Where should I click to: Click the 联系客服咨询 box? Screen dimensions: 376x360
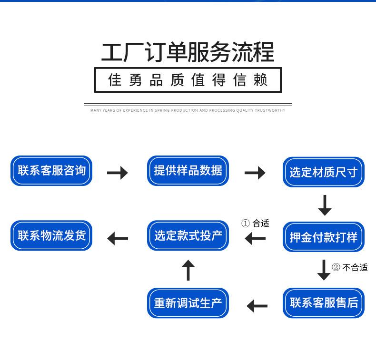(x=51, y=171)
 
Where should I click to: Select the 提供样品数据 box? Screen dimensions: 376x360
(x=188, y=171)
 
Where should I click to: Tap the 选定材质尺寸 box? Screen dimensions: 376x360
(x=324, y=172)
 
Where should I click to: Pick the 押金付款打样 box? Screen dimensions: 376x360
(x=324, y=237)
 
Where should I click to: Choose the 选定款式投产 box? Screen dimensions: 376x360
(x=188, y=236)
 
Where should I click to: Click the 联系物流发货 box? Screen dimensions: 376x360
(x=51, y=236)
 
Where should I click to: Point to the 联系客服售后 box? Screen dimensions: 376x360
(x=324, y=303)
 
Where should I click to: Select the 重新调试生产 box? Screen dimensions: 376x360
(x=188, y=303)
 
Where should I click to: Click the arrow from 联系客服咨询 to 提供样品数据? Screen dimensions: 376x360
(x=118, y=173)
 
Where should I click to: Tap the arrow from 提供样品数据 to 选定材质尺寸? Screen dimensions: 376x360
(x=255, y=173)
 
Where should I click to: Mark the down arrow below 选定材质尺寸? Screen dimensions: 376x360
(x=325, y=205)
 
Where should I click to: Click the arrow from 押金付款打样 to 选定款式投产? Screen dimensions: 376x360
(x=255, y=239)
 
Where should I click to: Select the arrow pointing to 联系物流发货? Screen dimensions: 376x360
(x=118, y=239)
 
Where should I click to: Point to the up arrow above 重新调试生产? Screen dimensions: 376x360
(x=188, y=270)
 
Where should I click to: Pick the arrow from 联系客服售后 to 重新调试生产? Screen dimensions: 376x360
(x=257, y=306)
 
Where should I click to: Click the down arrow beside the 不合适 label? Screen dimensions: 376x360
(x=324, y=270)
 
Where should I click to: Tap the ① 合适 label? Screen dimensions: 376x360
(x=255, y=223)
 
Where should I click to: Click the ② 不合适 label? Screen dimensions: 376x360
(x=350, y=267)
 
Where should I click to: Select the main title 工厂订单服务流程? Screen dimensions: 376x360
(x=188, y=52)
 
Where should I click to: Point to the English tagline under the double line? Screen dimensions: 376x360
(x=188, y=110)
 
